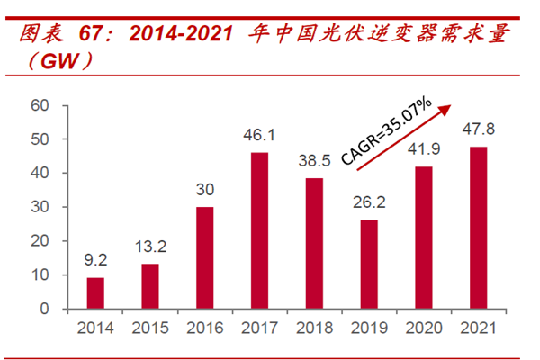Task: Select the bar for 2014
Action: coord(94,293)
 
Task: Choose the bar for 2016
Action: coord(204,258)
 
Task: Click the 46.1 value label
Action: coord(258,136)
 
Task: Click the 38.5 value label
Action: coord(313,162)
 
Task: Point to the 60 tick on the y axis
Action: coord(39,105)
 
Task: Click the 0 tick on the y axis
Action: coord(43,309)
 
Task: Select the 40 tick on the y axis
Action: coord(39,173)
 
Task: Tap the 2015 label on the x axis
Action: coord(149,327)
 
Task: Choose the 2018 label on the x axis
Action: coord(313,327)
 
